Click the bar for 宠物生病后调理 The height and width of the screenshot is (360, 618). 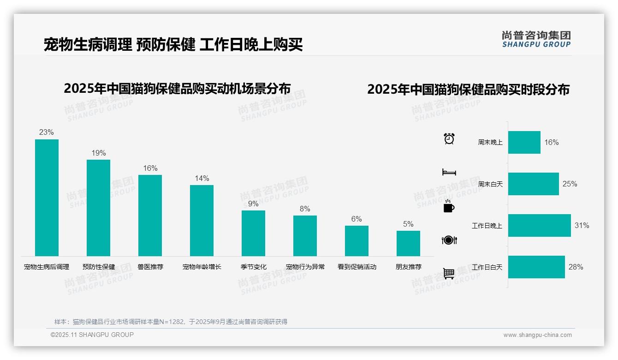47,198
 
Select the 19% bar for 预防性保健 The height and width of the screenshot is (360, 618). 98,208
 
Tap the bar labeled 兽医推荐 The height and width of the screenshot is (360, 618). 150,215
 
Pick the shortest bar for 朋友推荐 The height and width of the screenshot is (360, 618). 408,243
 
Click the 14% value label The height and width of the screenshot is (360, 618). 202,178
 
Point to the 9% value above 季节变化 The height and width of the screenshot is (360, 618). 253,204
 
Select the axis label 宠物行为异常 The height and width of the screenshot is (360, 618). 305,267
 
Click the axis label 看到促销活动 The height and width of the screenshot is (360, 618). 357,267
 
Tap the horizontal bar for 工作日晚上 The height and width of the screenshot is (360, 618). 539,225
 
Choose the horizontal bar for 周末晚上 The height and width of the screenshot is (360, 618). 524,142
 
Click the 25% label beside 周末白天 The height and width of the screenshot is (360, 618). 570,184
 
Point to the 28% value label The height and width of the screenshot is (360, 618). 576,267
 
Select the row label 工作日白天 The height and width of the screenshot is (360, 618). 487,267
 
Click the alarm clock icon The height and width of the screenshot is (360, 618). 449,138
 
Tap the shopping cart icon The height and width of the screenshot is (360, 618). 449,274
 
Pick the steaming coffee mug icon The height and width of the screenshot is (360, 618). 449,206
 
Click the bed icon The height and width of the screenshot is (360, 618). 449,172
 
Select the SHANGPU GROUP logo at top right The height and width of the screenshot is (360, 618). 536,39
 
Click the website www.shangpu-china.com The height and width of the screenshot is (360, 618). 537,335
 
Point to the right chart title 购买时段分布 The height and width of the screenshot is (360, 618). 468,89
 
